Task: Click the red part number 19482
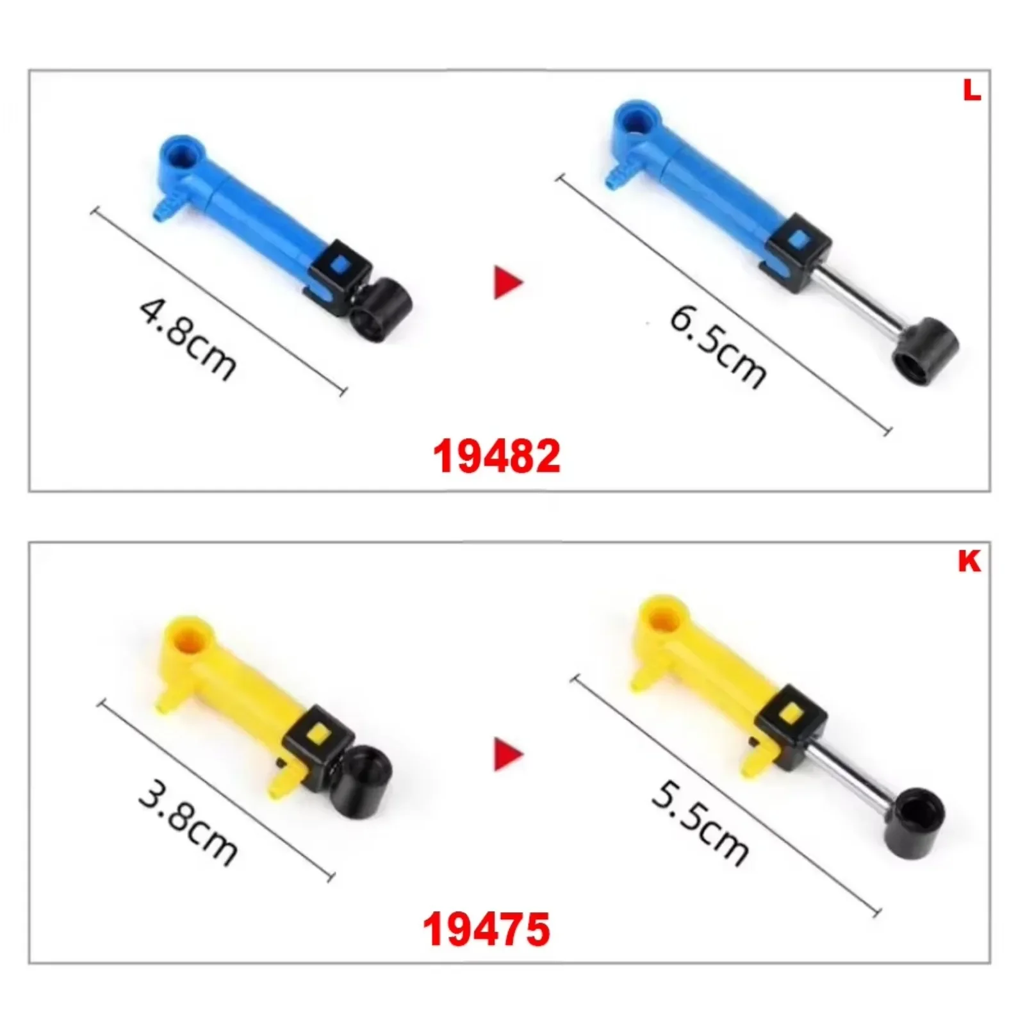(x=496, y=456)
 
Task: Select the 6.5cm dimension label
(x=717, y=347)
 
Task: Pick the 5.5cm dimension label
(x=700, y=826)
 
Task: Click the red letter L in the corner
(x=972, y=91)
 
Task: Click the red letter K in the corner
(x=969, y=561)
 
